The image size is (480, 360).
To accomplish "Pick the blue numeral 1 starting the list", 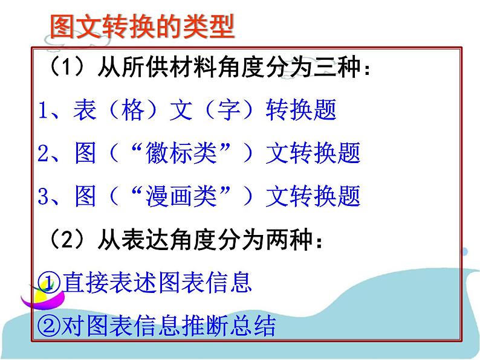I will pyautogui.click(x=43, y=111).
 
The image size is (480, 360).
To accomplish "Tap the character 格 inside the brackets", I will pyautogui.click(x=132, y=111).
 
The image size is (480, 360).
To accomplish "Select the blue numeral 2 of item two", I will pyautogui.click(x=43, y=153).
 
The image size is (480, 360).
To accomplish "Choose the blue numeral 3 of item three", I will pyautogui.click(x=43, y=196).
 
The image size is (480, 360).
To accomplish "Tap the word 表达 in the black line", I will pyautogui.click(x=132, y=239).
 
